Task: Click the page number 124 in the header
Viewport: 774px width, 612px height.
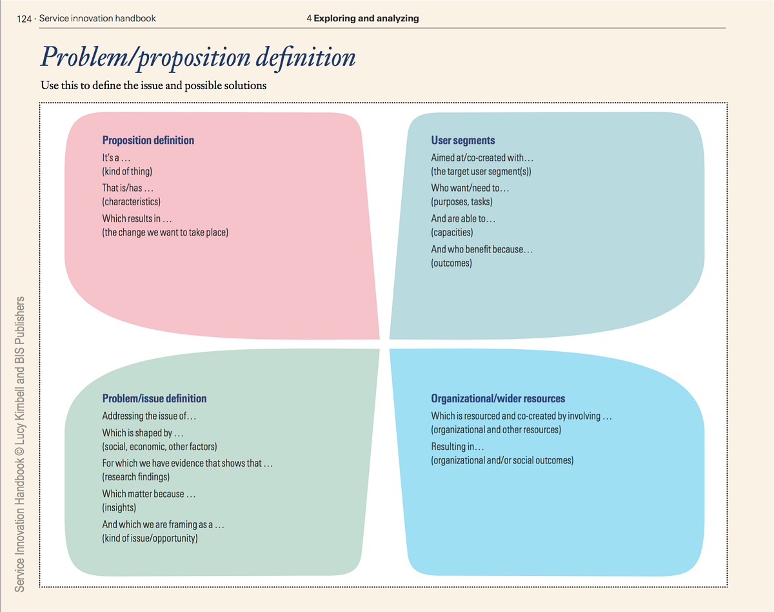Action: coord(25,18)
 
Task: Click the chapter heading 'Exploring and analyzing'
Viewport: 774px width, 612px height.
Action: coord(366,18)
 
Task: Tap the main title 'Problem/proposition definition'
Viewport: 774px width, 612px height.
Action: coord(198,57)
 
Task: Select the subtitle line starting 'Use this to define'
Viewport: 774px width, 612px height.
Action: coord(154,85)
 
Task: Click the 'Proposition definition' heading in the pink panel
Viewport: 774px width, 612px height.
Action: coord(148,140)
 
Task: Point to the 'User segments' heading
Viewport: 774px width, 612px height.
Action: coord(463,140)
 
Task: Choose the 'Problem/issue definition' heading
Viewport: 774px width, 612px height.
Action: coord(154,398)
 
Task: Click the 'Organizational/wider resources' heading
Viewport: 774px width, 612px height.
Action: coord(498,398)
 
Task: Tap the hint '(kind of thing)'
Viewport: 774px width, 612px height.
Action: coord(127,171)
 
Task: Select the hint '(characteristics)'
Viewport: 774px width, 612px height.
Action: coord(131,201)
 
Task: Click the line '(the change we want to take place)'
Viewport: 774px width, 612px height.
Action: coord(165,232)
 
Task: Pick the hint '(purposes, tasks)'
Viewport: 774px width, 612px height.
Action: coord(462,201)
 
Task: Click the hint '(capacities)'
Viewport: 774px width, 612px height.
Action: coord(451,232)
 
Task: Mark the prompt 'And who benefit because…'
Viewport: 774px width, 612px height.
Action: coord(482,249)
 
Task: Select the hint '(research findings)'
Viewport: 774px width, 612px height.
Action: coord(135,476)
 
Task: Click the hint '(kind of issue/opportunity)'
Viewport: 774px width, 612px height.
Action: coord(150,538)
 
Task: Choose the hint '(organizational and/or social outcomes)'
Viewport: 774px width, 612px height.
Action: coord(502,460)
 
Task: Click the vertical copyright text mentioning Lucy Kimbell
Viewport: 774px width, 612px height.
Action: coord(20,444)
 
